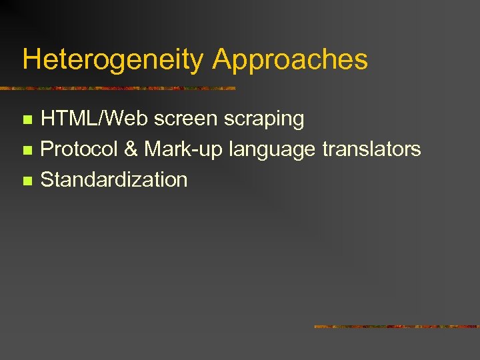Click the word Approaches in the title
(290, 59)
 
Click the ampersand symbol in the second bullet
(131, 149)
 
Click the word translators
(371, 149)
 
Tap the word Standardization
(114, 179)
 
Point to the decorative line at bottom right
(397, 327)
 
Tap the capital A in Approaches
(222, 59)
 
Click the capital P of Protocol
(47, 149)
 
